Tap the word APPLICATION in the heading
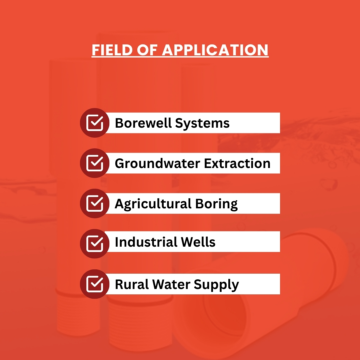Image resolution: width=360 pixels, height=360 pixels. [215, 50]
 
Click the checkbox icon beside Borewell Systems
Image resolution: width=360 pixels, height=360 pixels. [95, 123]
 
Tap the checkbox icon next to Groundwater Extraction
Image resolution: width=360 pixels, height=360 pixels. [95, 163]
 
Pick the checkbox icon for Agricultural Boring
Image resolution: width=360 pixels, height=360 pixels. [95, 203]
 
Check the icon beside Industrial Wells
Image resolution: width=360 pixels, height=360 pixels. [95, 244]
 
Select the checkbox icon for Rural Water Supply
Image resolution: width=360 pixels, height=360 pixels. [95, 284]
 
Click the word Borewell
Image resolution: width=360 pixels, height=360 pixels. [143, 123]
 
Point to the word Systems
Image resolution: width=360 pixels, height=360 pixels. [202, 124]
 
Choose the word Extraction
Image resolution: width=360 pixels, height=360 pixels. [237, 163]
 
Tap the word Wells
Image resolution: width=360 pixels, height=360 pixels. [198, 242]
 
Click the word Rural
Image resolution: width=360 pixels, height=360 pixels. [132, 284]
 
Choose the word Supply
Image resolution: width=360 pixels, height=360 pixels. [216, 285]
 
